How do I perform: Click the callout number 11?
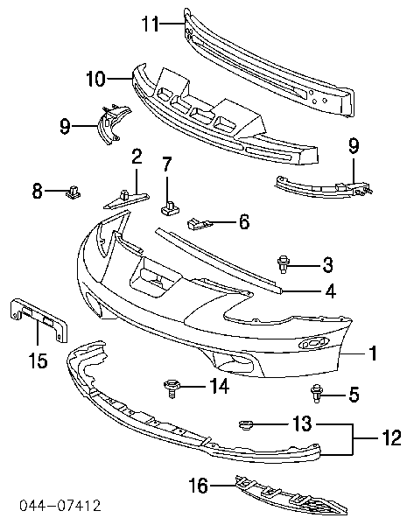tap(150, 24)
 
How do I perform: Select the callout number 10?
tap(96, 79)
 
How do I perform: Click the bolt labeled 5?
tap(316, 394)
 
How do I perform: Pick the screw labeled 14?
tap(172, 388)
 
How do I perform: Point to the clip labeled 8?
tap(74, 192)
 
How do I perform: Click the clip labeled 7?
tap(170, 206)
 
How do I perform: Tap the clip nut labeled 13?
tap(246, 424)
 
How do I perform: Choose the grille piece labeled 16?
tap(291, 496)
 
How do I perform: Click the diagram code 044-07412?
tap(60, 506)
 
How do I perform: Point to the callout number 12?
tap(391, 437)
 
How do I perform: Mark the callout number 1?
tap(373, 353)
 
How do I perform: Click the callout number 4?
tap(330, 291)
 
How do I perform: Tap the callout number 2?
tap(137, 157)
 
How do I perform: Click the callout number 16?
tap(199, 485)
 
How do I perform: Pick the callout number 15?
tap(38, 360)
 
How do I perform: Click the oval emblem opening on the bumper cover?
tap(313, 343)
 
